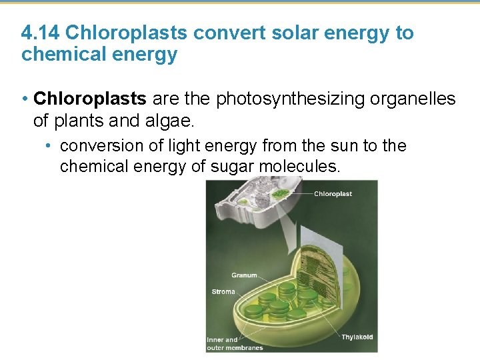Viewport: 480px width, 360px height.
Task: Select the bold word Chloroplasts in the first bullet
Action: tap(90, 99)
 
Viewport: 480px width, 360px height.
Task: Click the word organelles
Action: tap(413, 99)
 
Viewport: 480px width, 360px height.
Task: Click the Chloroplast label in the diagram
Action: tap(333, 194)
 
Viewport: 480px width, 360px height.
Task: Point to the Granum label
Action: tap(244, 275)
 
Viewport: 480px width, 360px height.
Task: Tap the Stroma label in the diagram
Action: tap(223, 291)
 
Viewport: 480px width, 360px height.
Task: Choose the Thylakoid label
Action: tap(357, 337)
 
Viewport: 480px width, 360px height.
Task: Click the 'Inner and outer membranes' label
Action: tap(234, 344)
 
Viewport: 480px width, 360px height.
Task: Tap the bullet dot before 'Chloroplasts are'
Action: tap(24, 100)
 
